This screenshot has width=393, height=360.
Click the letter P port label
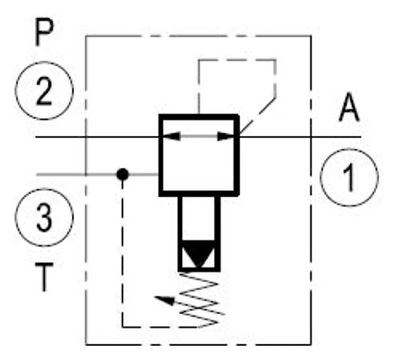click(44, 32)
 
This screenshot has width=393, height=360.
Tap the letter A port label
click(349, 107)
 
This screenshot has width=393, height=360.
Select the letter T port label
click(44, 277)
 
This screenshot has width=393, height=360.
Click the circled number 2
click(44, 91)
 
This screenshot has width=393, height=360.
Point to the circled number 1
click(349, 177)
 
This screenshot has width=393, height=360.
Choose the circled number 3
click(44, 217)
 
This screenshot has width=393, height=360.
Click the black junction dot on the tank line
click(122, 175)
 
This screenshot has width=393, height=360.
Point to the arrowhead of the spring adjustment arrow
click(164, 300)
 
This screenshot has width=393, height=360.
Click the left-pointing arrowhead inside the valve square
click(171, 136)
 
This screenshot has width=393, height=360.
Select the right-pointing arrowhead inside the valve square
click(225, 136)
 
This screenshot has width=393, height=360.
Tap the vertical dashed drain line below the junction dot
click(122, 253)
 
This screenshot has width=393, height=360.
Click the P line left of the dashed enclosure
click(60, 137)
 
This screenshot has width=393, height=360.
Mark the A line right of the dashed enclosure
click(336, 137)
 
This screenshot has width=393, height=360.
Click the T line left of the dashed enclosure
click(61, 175)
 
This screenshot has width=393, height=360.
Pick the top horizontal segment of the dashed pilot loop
click(237, 60)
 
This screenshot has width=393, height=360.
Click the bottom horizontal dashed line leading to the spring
click(161, 327)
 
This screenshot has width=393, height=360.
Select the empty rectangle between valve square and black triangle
click(199, 218)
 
